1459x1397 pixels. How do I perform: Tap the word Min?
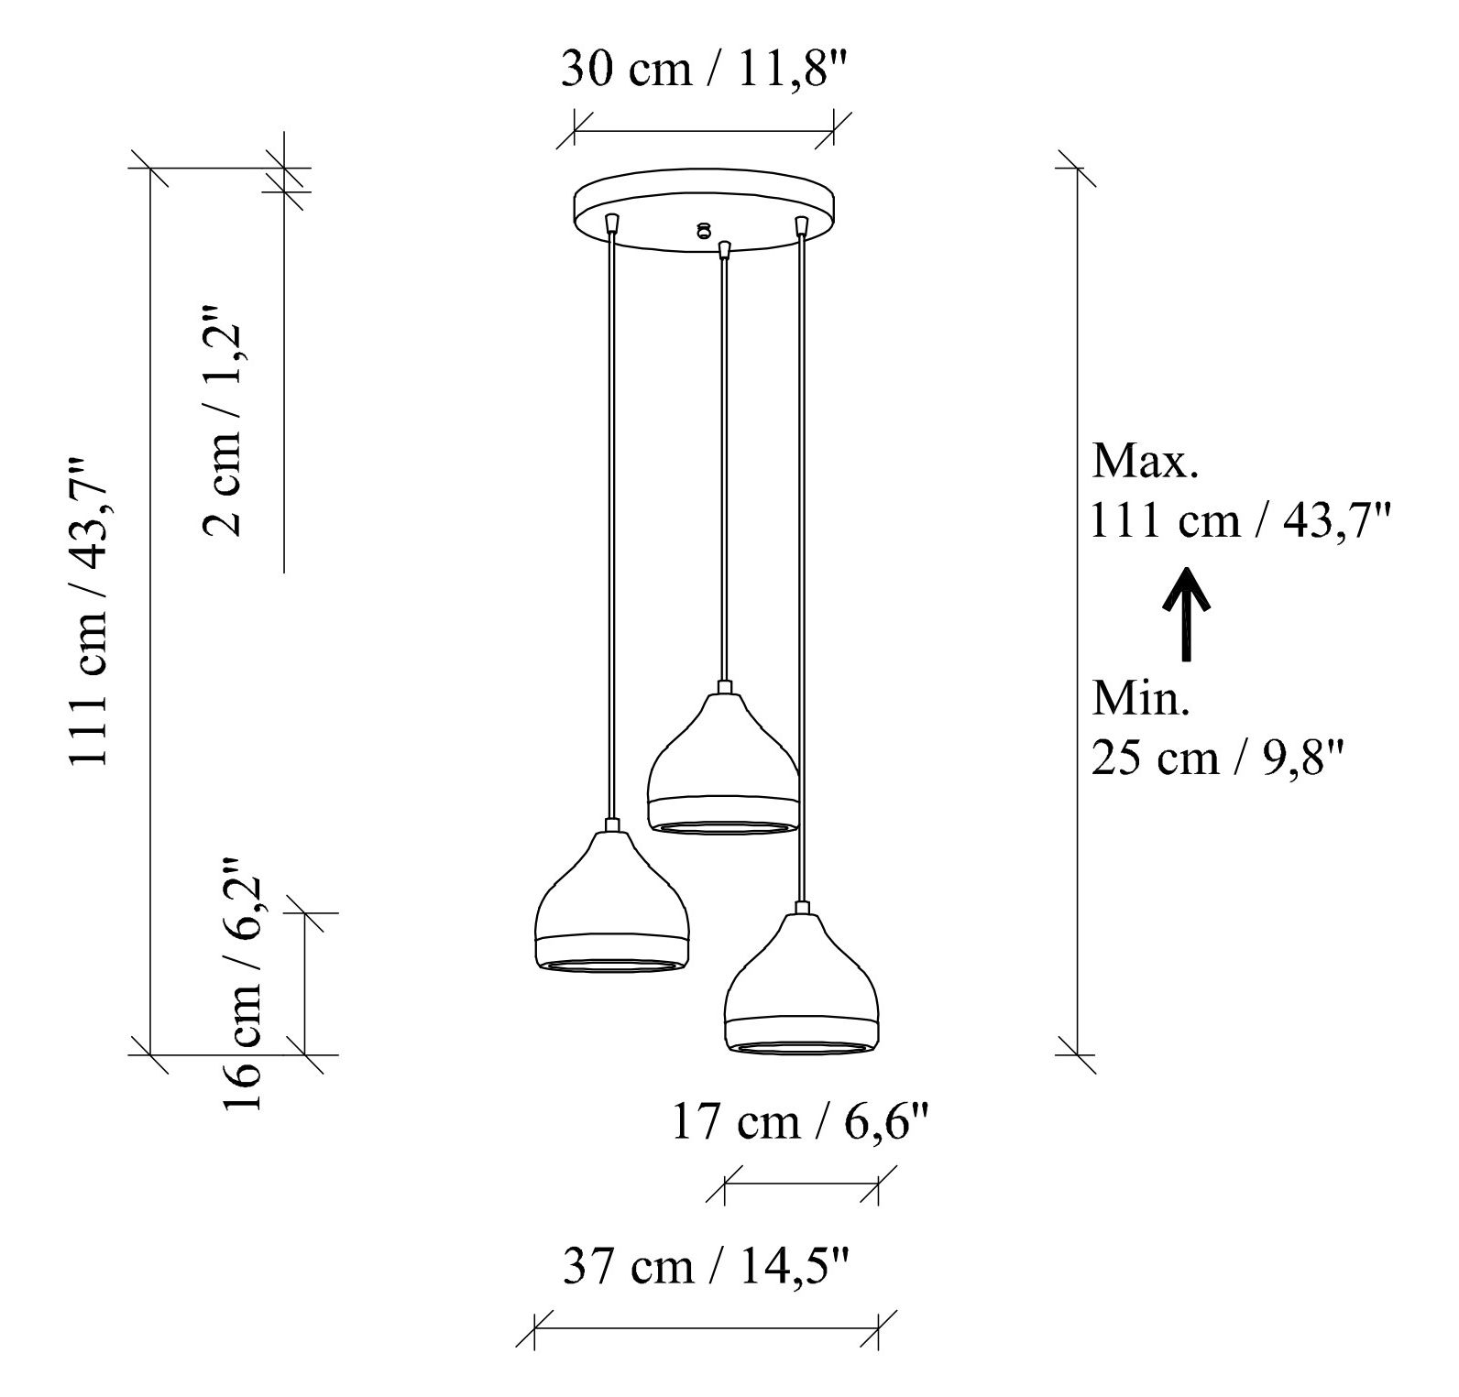(1141, 699)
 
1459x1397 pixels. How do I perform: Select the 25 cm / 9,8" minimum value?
(1219, 759)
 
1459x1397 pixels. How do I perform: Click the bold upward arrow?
(1188, 614)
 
